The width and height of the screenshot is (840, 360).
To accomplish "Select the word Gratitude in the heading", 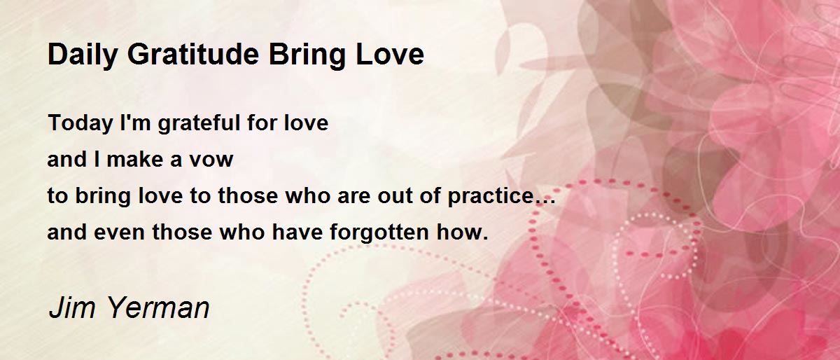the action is (193, 54).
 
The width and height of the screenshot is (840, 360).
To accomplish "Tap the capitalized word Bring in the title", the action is (307, 55).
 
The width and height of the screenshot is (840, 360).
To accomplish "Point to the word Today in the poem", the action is (80, 123).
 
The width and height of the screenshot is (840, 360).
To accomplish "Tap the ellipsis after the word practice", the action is (545, 202).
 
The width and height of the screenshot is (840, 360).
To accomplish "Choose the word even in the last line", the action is (119, 233).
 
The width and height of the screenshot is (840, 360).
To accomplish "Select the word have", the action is (297, 232).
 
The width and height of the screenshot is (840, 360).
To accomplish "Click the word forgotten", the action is (379, 233).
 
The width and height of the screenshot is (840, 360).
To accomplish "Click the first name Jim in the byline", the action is (72, 307).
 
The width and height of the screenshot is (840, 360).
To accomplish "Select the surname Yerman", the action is (159, 307).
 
